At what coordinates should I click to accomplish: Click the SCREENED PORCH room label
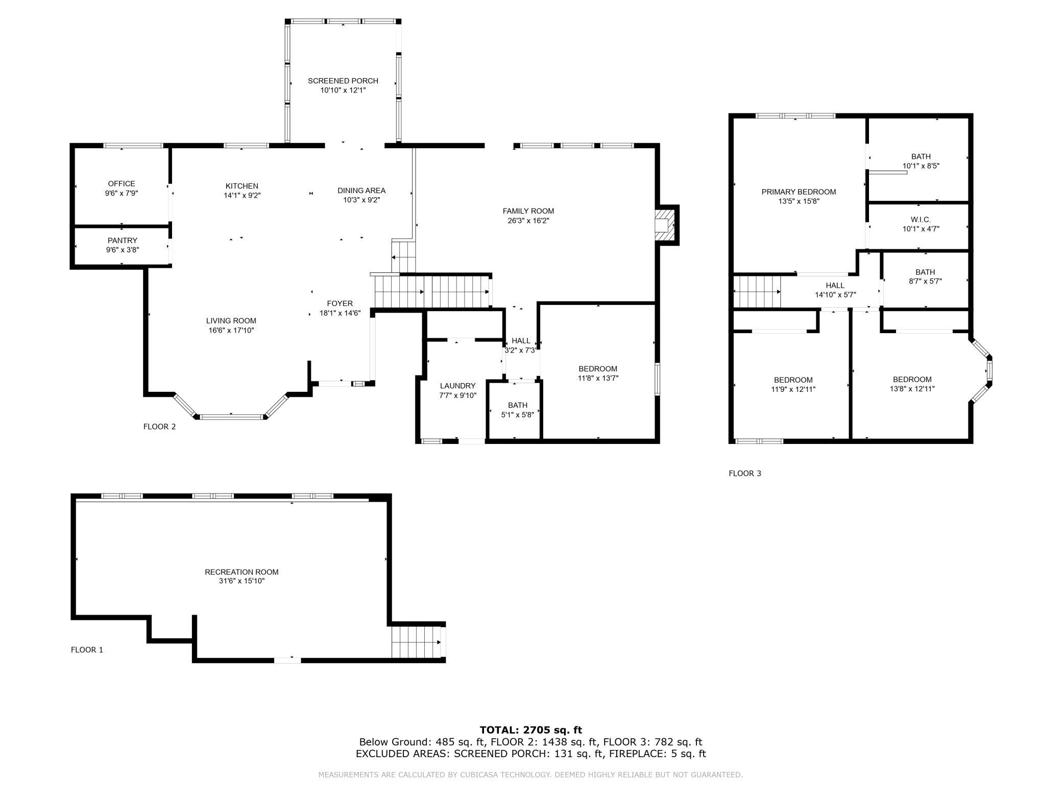pos(343,81)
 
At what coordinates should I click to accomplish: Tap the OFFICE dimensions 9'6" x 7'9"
pos(122,194)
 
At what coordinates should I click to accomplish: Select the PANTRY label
pos(122,241)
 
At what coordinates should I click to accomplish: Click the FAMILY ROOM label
pos(528,211)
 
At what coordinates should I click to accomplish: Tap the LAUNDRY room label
pos(457,386)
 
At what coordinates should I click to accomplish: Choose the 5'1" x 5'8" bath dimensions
pos(517,415)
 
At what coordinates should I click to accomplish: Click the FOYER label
pos(340,303)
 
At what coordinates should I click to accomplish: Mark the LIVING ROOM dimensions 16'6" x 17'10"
pos(231,331)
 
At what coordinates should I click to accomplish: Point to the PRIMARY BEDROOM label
pos(799,192)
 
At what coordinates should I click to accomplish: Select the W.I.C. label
pos(921,220)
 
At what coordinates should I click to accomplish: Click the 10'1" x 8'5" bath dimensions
pos(921,166)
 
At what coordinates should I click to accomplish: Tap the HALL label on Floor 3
pos(835,286)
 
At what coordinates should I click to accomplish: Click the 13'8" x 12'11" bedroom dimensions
pos(912,389)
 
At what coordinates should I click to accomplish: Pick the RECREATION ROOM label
pos(242,572)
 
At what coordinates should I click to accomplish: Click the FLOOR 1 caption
pos(87,650)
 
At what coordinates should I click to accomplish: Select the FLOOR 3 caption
pos(744,474)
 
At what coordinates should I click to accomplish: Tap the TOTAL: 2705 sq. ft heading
pos(530,730)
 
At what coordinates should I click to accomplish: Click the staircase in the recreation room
pos(416,642)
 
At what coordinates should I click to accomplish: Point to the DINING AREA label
pos(361,191)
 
